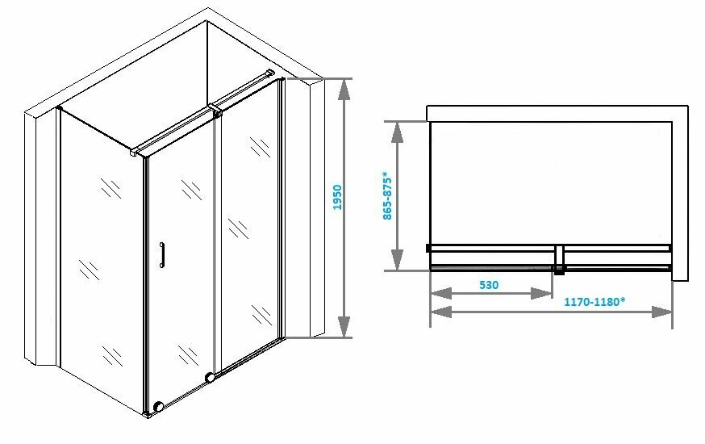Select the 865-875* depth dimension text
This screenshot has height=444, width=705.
pyautogui.click(x=387, y=195)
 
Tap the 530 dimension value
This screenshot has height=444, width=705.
pyautogui.click(x=489, y=284)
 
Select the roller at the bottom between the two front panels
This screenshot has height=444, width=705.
pyautogui.click(x=211, y=377)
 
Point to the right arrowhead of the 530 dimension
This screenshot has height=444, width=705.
pyautogui.click(x=547, y=294)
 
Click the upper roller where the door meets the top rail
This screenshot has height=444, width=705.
pyautogui.click(x=216, y=114)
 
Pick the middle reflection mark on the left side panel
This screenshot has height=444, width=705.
pyautogui.click(x=89, y=267)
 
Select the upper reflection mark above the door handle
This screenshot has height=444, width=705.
pyautogui.click(x=191, y=191)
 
